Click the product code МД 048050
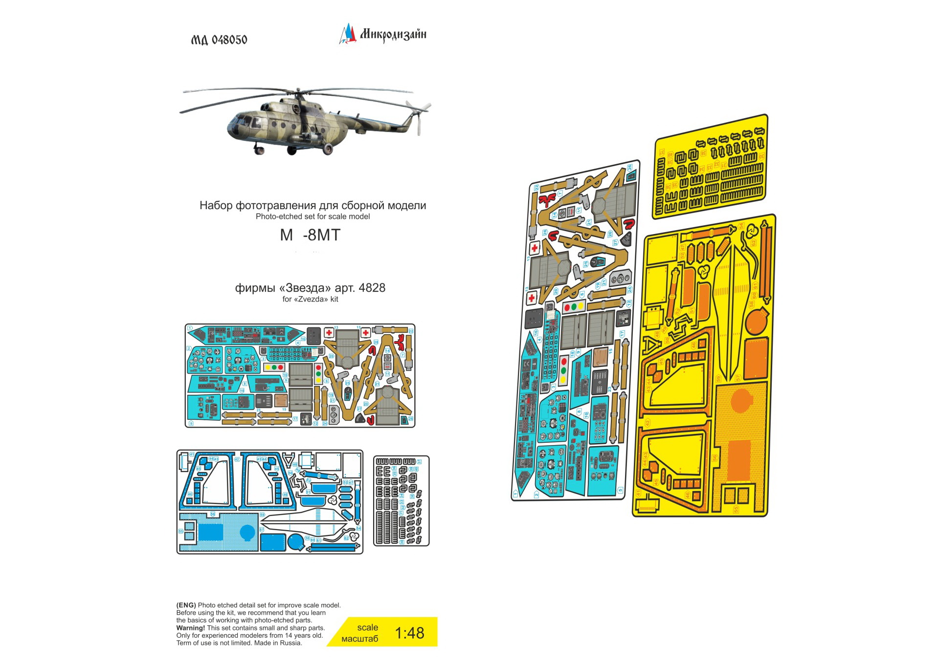click(219, 40)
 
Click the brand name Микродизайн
click(393, 34)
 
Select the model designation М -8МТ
click(310, 235)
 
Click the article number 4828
click(372, 288)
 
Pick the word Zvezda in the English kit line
click(310, 299)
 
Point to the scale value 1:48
click(409, 633)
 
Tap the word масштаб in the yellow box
click(359, 639)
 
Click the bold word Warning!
click(191, 628)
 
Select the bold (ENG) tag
click(186, 605)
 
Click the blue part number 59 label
click(263, 515)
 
